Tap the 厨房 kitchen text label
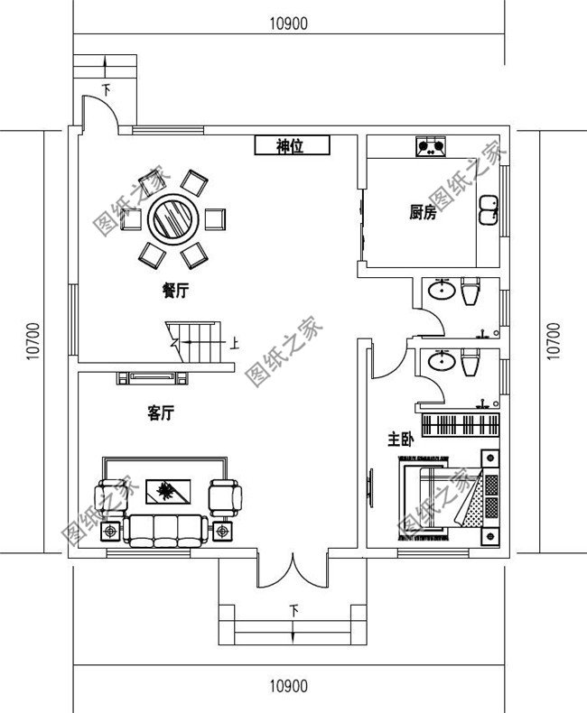tap(423, 213)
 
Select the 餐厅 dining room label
tap(175, 291)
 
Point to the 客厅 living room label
tap(160, 413)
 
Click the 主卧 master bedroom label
tap(400, 440)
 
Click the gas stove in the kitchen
tap(431, 145)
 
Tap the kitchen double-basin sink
tap(489, 209)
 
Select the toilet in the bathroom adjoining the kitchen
tap(471, 292)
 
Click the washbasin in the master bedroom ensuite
tap(442, 361)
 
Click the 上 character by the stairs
tap(235, 343)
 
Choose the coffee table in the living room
tap(167, 492)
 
